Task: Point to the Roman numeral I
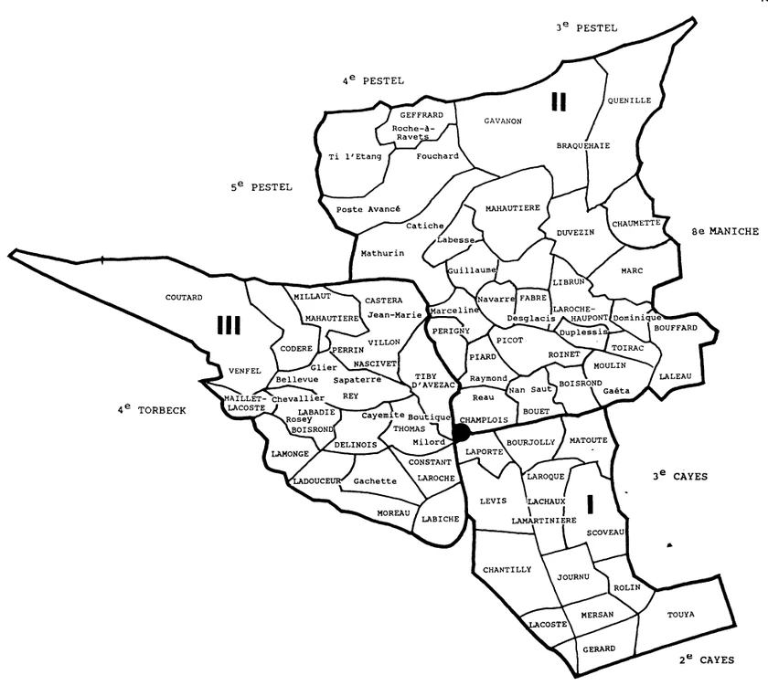590,502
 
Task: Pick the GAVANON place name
502,121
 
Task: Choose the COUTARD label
184,298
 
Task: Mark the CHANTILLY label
507,570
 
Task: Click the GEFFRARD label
421,115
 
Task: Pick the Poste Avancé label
368,209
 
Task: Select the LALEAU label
676,377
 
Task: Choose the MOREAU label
393,512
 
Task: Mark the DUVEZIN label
575,234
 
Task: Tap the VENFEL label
246,371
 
